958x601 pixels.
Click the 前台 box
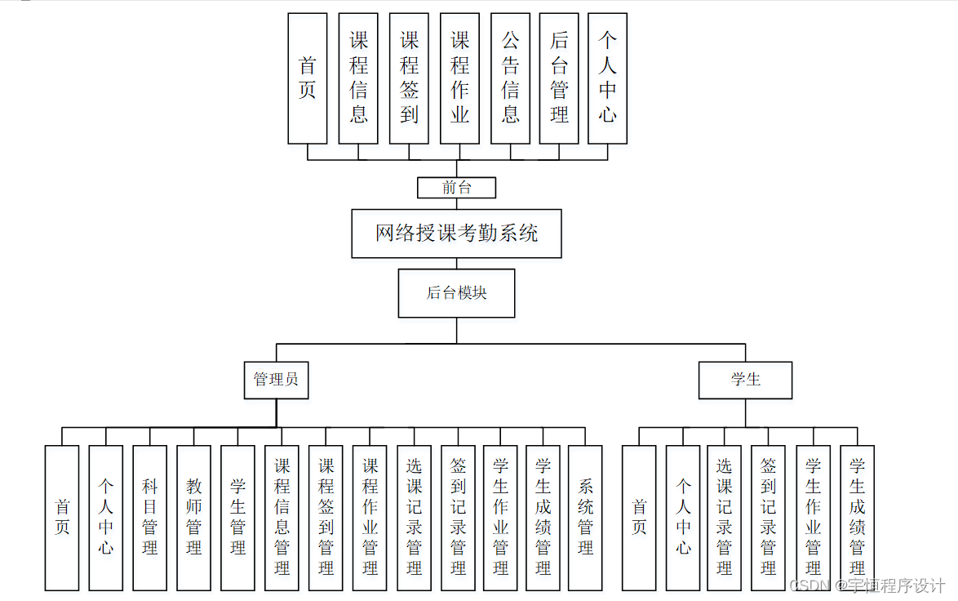456,188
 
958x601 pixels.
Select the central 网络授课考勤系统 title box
456,234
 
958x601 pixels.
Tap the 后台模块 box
456,293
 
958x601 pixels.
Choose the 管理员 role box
276,380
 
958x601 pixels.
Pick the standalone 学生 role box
745,380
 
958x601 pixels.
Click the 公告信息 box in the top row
510,78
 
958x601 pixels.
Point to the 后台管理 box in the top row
559,78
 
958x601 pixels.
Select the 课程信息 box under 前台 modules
358,78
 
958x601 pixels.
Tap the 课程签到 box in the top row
409,78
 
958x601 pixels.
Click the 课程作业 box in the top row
459,78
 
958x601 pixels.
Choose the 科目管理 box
149,518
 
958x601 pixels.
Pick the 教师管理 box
193,518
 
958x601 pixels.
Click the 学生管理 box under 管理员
237,518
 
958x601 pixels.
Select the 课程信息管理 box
282,518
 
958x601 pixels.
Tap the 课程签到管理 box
326,518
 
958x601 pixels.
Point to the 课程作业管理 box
370,518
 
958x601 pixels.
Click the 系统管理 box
585,518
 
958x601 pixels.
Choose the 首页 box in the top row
308,78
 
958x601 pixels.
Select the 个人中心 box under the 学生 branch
683,518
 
